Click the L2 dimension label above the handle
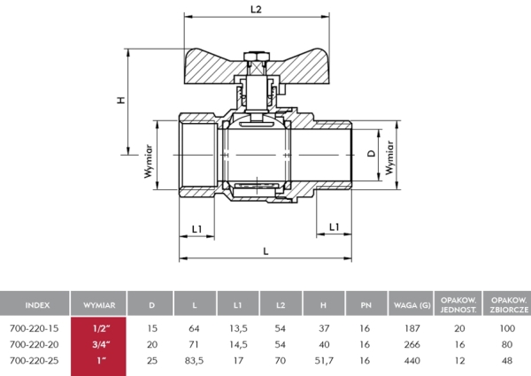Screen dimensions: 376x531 257,9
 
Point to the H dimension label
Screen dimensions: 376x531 121,99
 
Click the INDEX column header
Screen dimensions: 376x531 36,304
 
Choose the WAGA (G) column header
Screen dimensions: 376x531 412,304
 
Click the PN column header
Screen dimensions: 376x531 365,304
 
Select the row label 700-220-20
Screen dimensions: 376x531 34,343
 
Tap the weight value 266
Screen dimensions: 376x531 412,343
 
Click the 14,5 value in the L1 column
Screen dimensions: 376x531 237,343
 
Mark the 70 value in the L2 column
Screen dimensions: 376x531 280,360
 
